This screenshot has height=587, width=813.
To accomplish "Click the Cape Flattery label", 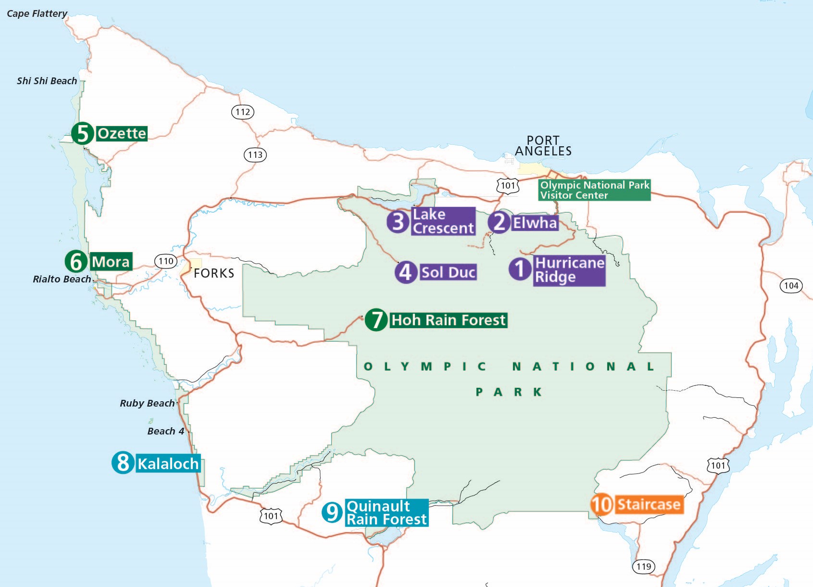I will [x=37, y=13].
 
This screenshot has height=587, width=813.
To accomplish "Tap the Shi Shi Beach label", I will [x=47, y=81].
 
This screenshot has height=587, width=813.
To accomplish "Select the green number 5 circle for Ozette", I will [x=83, y=133].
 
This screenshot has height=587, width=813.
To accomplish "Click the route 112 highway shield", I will [x=243, y=112].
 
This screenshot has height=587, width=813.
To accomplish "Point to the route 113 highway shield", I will [x=255, y=155].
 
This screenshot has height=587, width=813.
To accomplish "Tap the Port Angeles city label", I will [x=543, y=146].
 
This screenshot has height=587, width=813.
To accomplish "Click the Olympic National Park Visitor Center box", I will [x=594, y=190].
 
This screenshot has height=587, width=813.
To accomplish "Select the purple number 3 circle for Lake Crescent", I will [x=398, y=221].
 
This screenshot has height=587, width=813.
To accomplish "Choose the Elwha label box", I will [x=535, y=223].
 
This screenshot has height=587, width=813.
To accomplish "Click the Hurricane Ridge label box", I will [x=569, y=270].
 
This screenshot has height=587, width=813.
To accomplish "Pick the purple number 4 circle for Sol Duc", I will [x=406, y=272].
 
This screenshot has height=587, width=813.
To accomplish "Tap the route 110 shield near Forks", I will [x=166, y=261].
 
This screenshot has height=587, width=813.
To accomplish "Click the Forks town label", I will [x=214, y=273].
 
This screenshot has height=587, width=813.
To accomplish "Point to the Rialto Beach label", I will [x=62, y=279].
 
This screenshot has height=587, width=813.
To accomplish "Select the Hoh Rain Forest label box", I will [x=448, y=320].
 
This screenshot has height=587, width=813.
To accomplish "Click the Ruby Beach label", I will [x=147, y=403].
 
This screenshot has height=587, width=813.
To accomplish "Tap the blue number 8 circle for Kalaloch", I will [x=123, y=463].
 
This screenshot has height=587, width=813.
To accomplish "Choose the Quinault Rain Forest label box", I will [x=387, y=513].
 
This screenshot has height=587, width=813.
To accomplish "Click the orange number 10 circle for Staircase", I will [x=601, y=505].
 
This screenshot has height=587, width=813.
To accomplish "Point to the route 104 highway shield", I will [x=791, y=286].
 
